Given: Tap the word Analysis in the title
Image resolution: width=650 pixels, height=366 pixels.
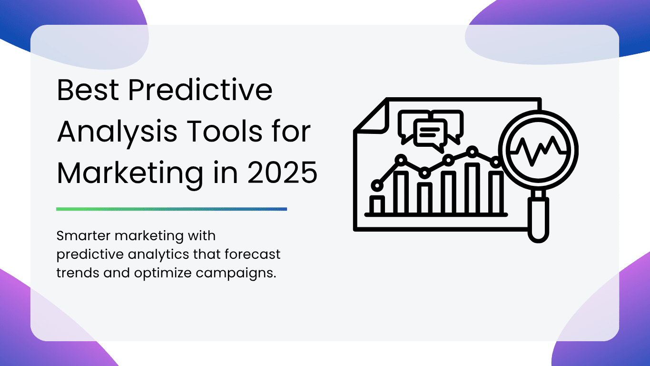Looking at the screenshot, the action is pyautogui.click(x=117, y=133).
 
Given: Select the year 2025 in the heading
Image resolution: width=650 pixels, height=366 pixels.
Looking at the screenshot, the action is pyautogui.click(x=282, y=173).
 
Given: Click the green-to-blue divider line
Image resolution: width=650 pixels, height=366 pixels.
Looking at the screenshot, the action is pyautogui.click(x=171, y=209).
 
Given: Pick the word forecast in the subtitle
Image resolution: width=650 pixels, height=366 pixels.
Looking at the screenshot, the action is pyautogui.click(x=252, y=254).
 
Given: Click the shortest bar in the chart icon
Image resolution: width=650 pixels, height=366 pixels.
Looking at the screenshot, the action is pyautogui.click(x=377, y=205).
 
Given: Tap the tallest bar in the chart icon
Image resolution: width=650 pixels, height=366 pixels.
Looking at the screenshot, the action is pyautogui.click(x=472, y=188).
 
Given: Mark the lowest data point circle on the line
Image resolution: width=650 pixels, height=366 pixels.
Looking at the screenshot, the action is pyautogui.click(x=377, y=185).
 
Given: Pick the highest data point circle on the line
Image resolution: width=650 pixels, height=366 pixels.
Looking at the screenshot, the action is pyautogui.click(x=473, y=152).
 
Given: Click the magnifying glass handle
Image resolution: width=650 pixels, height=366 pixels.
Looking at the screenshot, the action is pyautogui.click(x=538, y=220).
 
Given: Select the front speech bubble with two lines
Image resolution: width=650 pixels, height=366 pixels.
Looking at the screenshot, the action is pyautogui.click(x=430, y=134).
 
